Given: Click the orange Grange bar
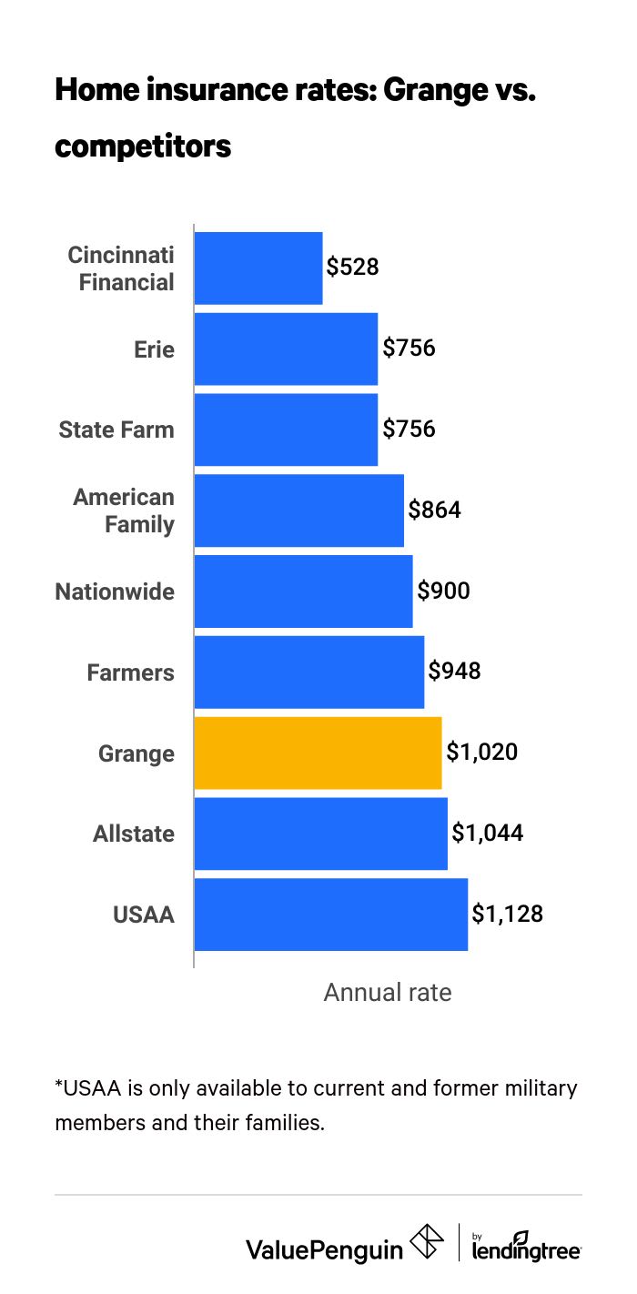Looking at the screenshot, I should (318, 753).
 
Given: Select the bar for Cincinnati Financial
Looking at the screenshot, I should (258, 268).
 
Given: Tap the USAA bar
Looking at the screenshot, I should (330, 915).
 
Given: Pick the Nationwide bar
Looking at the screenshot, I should (303, 591).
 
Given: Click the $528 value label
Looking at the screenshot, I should (352, 268).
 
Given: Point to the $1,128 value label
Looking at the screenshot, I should (507, 915).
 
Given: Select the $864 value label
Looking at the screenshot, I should (434, 510).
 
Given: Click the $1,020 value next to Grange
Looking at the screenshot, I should (481, 753).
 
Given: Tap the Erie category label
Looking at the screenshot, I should (154, 349).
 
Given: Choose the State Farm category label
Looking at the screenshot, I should (116, 430).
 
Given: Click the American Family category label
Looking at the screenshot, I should (124, 511).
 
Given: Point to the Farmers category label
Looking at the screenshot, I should (130, 672).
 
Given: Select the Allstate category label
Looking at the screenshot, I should (134, 834).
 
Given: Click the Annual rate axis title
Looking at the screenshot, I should (388, 992).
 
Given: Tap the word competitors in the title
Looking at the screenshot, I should (143, 146).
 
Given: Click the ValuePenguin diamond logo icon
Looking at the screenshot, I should (427, 1243).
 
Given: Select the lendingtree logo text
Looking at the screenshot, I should (526, 1249).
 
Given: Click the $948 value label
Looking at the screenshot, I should (454, 672).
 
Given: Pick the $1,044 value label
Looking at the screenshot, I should (487, 834).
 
